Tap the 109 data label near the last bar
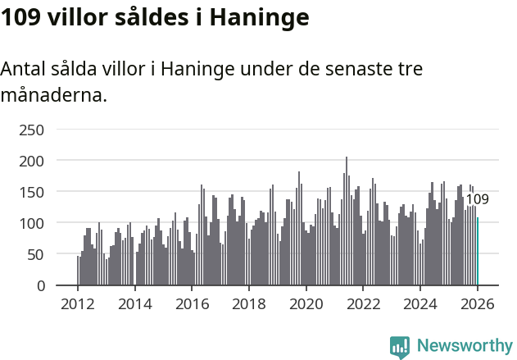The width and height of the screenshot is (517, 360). [x=477, y=199]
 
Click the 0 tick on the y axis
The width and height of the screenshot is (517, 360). [x=39, y=285]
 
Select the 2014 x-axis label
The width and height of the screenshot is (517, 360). [x=135, y=303]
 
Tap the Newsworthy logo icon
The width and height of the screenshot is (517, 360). [x=400, y=347]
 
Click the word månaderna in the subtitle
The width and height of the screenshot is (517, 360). [x=53, y=95]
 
